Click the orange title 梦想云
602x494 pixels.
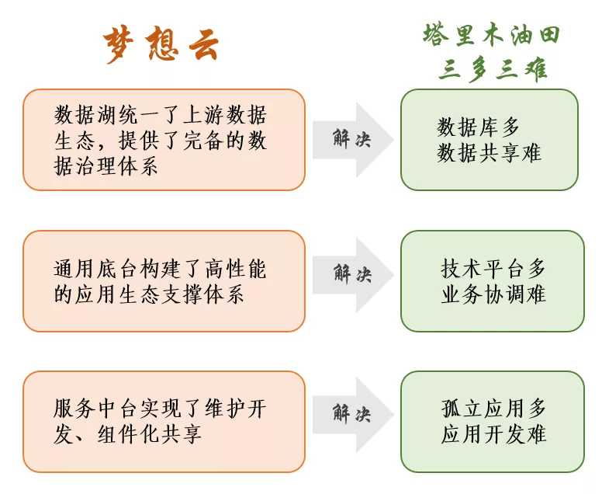pos(161,43)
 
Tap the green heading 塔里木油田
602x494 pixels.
pos(492,36)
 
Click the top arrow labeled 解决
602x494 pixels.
pos(353,140)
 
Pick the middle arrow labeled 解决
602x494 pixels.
pos(353,275)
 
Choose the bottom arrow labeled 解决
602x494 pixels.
pos(353,415)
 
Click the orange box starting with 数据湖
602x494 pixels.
pos(164,140)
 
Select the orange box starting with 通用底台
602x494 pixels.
pos(164,281)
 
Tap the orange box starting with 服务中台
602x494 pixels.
pos(164,422)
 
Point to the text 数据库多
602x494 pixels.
pos(478,127)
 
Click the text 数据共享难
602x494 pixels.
pos(489,153)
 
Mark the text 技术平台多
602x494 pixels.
pos(493,268)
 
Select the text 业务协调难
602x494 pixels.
pos(493,294)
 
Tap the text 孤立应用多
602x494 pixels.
pos(493,409)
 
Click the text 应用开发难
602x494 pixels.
pos(493,434)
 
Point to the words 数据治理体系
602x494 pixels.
pos(106,166)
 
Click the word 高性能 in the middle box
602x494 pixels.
pos(236,268)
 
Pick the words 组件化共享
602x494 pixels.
pos(150,435)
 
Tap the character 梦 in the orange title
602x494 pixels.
pos(119,44)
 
